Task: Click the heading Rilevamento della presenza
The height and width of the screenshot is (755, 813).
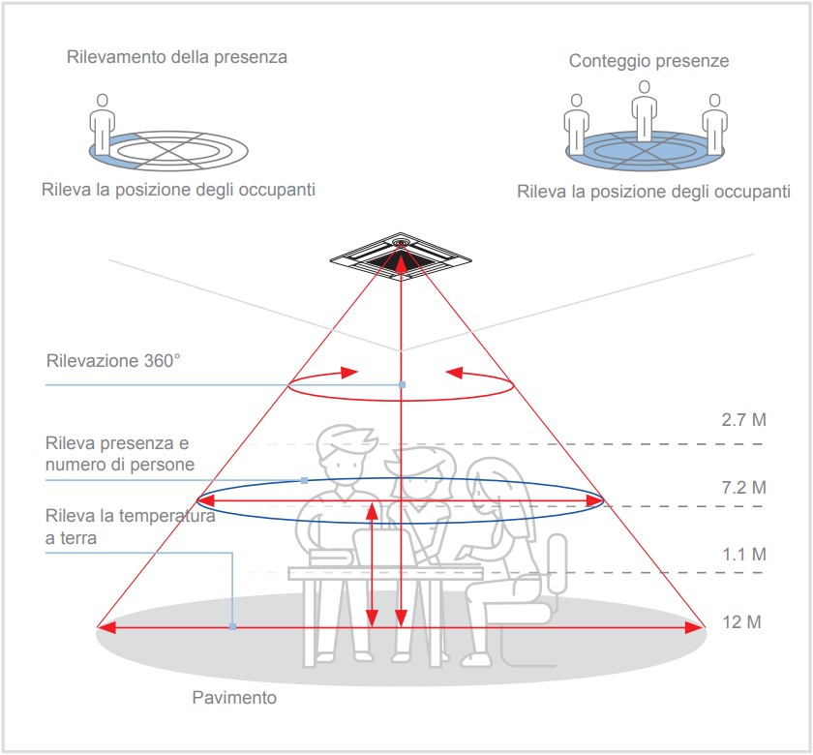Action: (x=177, y=57)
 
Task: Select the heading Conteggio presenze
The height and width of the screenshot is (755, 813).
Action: (x=648, y=61)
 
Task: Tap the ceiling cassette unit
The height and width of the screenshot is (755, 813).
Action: (x=401, y=257)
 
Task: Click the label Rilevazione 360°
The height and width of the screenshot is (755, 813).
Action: (x=113, y=360)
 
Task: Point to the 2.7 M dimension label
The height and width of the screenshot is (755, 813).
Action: (x=743, y=419)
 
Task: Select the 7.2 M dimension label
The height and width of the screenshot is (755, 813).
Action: (x=743, y=488)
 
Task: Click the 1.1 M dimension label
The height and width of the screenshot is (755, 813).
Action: (x=744, y=555)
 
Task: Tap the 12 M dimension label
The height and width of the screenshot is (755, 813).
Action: (x=741, y=621)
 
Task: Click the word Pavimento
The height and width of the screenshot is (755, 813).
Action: (x=234, y=698)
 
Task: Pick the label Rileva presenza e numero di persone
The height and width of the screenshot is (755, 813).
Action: (x=120, y=454)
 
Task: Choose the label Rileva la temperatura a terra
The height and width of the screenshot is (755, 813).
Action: (x=130, y=527)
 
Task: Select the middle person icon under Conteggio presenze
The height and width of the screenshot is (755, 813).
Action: (x=644, y=110)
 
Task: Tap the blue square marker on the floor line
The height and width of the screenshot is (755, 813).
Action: (x=232, y=627)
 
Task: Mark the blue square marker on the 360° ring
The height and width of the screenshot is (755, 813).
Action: (x=402, y=385)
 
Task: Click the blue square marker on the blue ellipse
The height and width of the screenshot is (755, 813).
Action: (x=304, y=481)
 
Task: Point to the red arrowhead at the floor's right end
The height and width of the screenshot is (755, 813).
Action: (x=695, y=627)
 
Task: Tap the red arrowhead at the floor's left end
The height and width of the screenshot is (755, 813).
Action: (x=106, y=627)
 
